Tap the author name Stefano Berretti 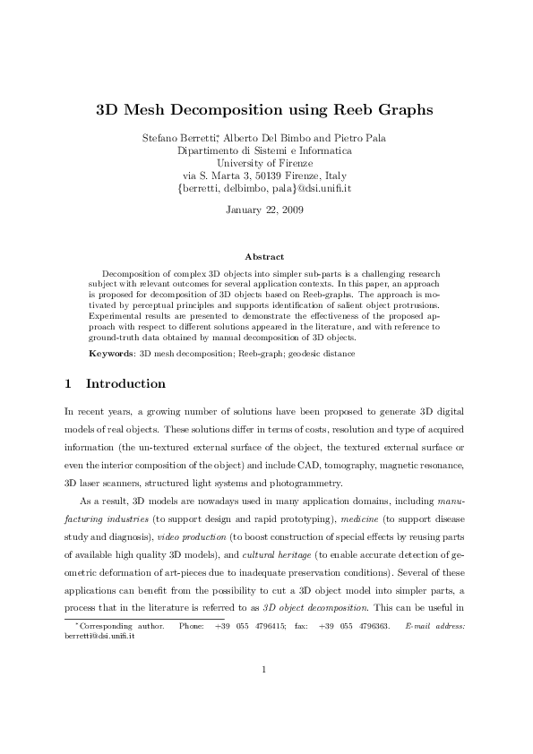pyautogui.click(x=180, y=138)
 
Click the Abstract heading pyautogui.click(x=265, y=257)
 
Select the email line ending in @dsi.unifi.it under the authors pyautogui.click(x=266, y=189)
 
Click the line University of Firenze pyautogui.click(x=266, y=163)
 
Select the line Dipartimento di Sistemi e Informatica pyautogui.click(x=266, y=150)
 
